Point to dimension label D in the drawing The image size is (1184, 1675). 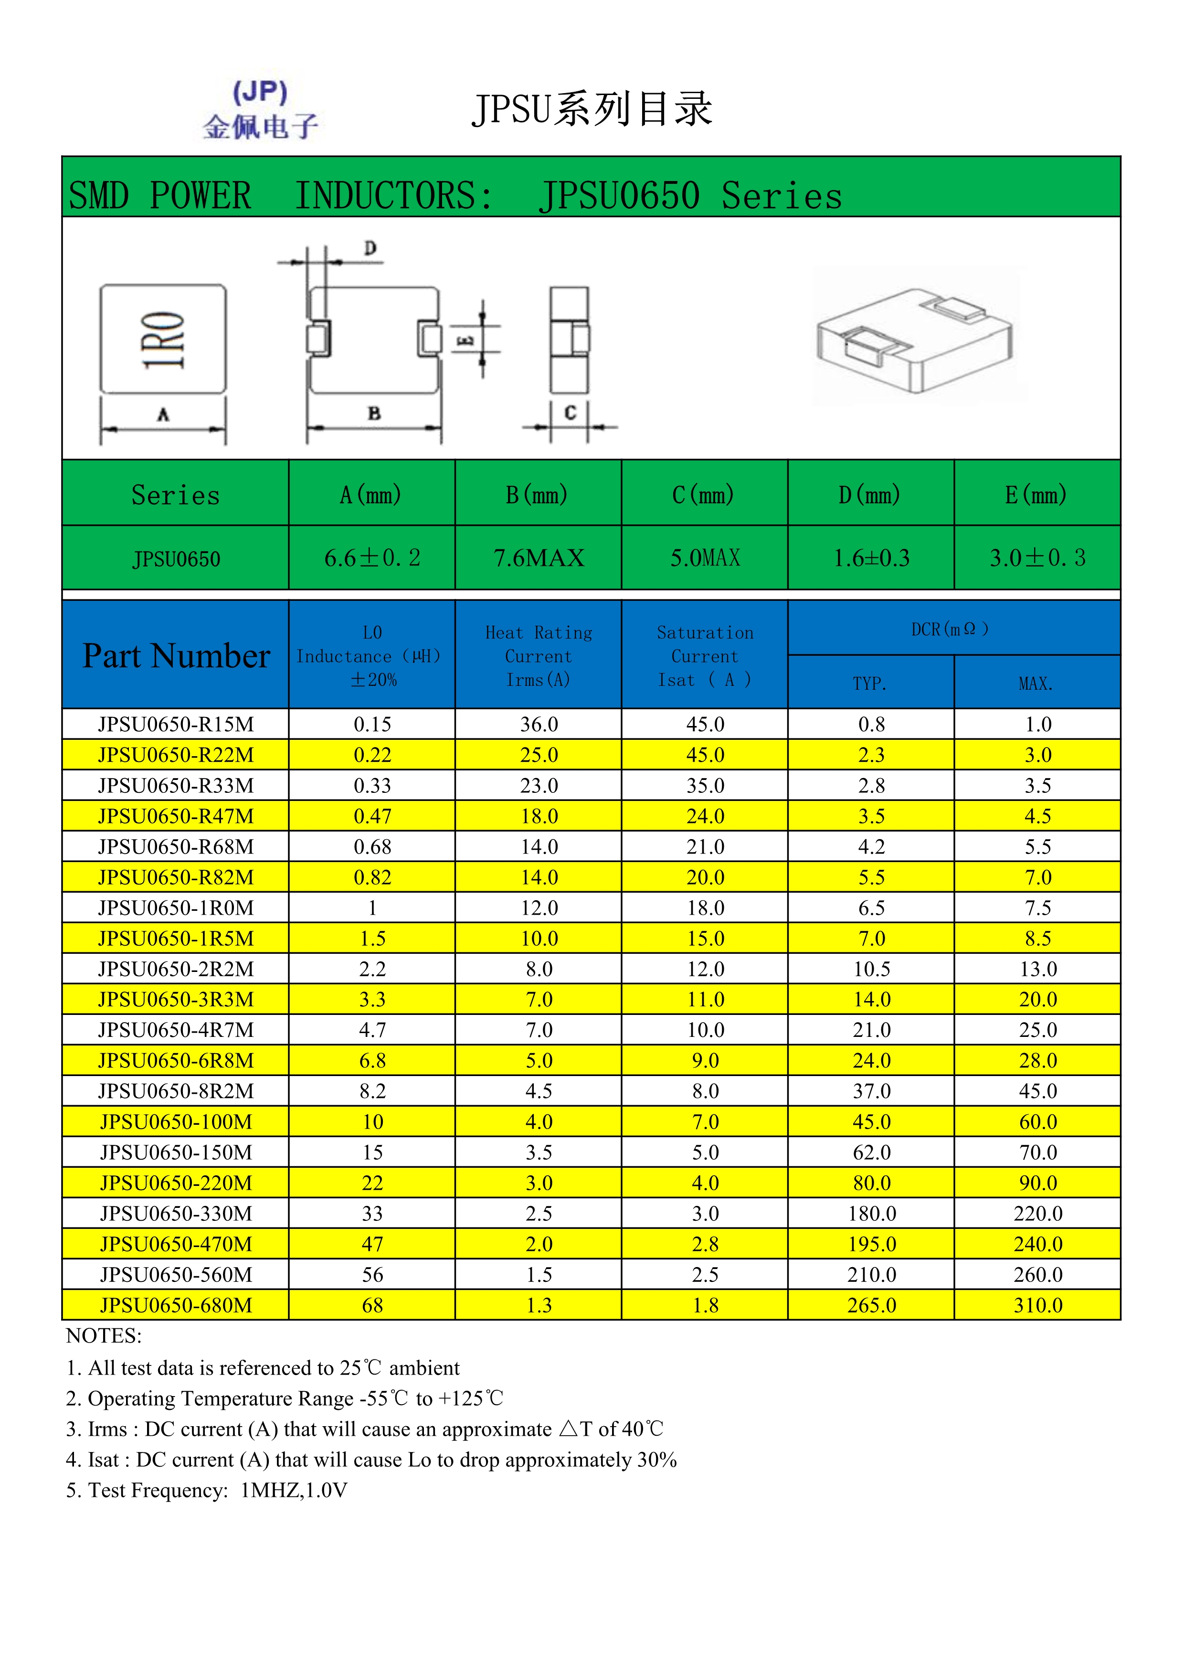(370, 249)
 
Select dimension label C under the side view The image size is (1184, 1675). (570, 413)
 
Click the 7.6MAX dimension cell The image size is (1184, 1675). (538, 558)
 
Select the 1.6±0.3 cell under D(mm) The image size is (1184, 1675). (871, 558)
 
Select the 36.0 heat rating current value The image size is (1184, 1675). (539, 725)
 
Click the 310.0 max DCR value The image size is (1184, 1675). (1037, 1305)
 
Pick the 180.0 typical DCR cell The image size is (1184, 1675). (871, 1213)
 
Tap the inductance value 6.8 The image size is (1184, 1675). (372, 1061)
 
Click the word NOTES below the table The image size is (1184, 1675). (104, 1336)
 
